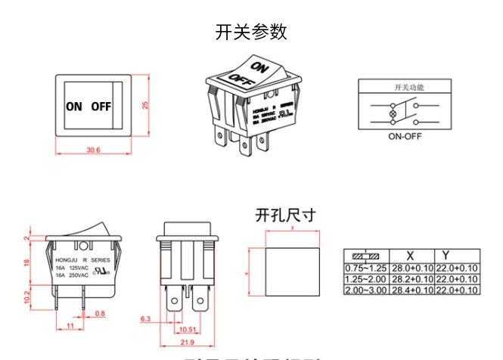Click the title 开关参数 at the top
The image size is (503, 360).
tap(251, 33)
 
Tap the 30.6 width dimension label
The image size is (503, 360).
tap(93, 150)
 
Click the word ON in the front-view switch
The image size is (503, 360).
tap(74, 107)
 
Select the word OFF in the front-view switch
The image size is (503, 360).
tap(101, 107)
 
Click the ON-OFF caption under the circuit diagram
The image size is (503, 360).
tap(405, 137)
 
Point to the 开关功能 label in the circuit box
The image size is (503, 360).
tap(408, 88)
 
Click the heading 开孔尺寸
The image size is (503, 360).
tap(284, 215)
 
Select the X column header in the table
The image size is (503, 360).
tap(411, 256)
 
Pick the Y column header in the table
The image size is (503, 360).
tap(446, 256)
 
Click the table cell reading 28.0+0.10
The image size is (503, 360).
tap(411, 268)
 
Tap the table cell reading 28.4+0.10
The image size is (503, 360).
tap(411, 290)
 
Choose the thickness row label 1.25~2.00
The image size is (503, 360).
tap(366, 279)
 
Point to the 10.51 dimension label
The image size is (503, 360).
tap(187, 330)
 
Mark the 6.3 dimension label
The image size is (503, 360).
tap(146, 320)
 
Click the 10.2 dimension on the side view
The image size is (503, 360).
tap(28, 296)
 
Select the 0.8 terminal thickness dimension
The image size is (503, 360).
tap(100, 313)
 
